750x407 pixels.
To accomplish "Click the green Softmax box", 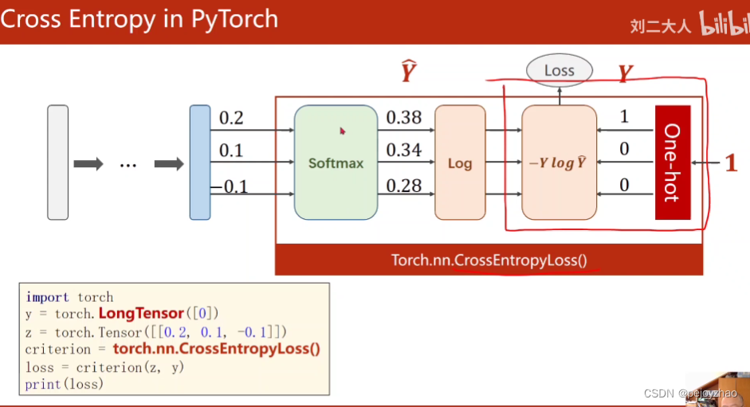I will [335, 162].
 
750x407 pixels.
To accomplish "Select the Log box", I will [460, 162].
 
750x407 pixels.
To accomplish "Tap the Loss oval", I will [559, 71].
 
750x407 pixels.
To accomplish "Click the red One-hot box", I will [672, 162].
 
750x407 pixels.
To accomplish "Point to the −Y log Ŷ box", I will [559, 162].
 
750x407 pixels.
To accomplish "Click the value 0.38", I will [404, 118].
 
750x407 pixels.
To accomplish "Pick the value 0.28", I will [404, 186].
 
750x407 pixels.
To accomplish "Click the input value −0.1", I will [230, 186].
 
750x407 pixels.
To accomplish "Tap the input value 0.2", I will [231, 118].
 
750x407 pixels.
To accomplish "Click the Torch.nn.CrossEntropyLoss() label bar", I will [489, 260].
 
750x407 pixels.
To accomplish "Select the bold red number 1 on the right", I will [730, 163].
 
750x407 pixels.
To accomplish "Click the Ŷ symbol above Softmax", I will [408, 72].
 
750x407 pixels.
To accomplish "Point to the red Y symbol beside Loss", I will [626, 75].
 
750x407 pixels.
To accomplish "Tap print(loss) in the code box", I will [65, 384].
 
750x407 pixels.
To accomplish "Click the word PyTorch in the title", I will [234, 18].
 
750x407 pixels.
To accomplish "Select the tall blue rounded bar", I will [199, 162].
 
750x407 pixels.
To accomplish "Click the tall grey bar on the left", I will [57, 162].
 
